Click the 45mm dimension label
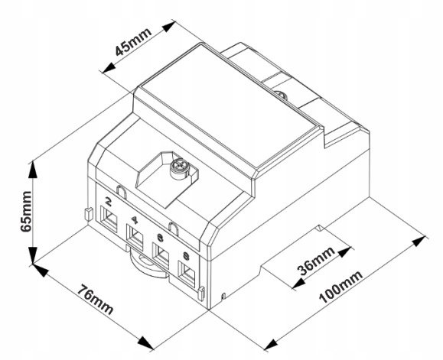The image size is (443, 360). pyautogui.click(x=133, y=41)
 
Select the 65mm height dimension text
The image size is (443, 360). pyautogui.click(x=26, y=212)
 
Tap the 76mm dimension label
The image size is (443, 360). pyautogui.click(x=96, y=300)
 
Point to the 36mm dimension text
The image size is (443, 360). pyautogui.click(x=317, y=261)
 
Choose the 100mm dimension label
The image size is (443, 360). pyautogui.click(x=341, y=287)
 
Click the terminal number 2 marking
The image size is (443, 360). pyautogui.click(x=108, y=201)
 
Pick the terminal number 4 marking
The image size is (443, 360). pyautogui.click(x=135, y=220)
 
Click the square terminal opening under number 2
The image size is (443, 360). pyautogui.click(x=109, y=219)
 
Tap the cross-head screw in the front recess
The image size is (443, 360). pyautogui.click(x=180, y=169)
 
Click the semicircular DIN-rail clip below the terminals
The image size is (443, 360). pyautogui.click(x=147, y=267)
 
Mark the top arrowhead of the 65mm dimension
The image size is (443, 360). pyautogui.click(x=33, y=169)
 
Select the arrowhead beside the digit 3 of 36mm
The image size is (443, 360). pyautogui.click(x=298, y=284)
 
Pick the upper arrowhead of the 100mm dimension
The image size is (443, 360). pyautogui.click(x=419, y=242)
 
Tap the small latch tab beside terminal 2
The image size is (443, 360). pyautogui.click(x=89, y=214)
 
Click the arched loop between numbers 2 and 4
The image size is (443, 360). pyautogui.click(x=121, y=191)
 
